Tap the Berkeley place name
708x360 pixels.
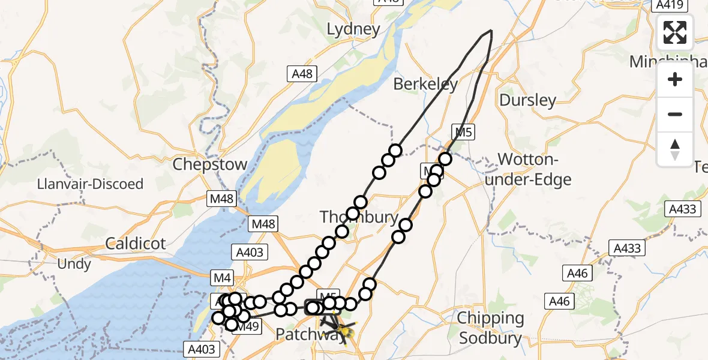pyautogui.click(x=425, y=85)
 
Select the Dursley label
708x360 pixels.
pyautogui.click(x=527, y=100)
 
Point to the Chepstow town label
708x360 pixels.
pyautogui.click(x=209, y=164)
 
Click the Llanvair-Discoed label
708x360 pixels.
pyautogui.click(x=90, y=184)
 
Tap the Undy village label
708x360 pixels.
pyautogui.click(x=74, y=264)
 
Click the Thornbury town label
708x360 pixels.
pyautogui.click(x=359, y=217)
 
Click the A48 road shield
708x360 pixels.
pyautogui.click(x=301, y=74)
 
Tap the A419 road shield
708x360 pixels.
pyautogui.click(x=668, y=5)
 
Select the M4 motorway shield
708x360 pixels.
pyautogui.click(x=222, y=277)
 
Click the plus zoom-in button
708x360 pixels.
pyautogui.click(x=675, y=80)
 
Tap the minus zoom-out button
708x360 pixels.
pyautogui.click(x=675, y=114)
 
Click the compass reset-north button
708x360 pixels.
pyautogui.click(x=675, y=149)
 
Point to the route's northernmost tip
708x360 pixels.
pyautogui.click(x=491, y=30)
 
